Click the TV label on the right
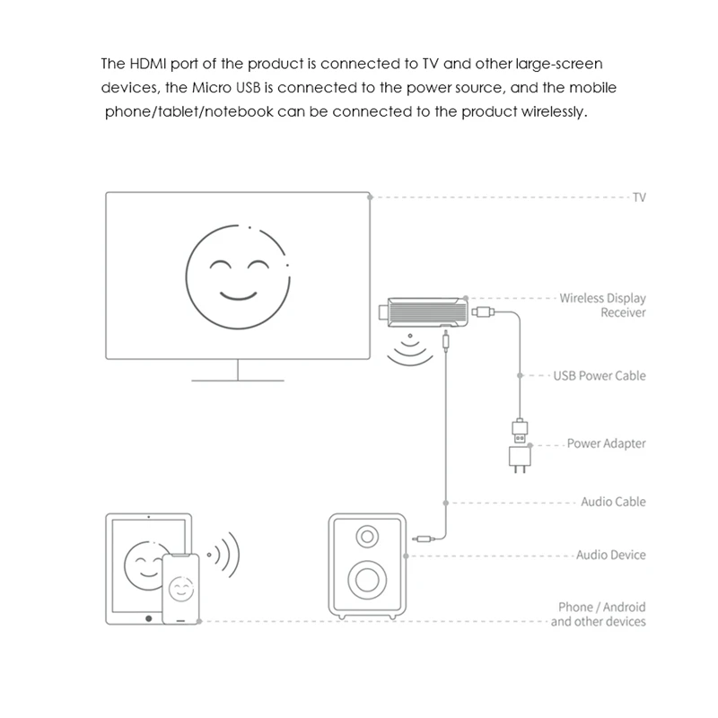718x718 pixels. coord(639,197)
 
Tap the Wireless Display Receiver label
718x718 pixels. coord(602,305)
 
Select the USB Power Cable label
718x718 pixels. coord(600,375)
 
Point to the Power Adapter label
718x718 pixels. coord(606,443)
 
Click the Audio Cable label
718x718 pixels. coord(613,502)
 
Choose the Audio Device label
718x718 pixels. coord(610,556)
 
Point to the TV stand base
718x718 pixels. coord(237,378)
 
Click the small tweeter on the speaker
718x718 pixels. coord(368,538)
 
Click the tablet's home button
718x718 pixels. coord(148,618)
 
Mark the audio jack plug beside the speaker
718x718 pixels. coord(425,539)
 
